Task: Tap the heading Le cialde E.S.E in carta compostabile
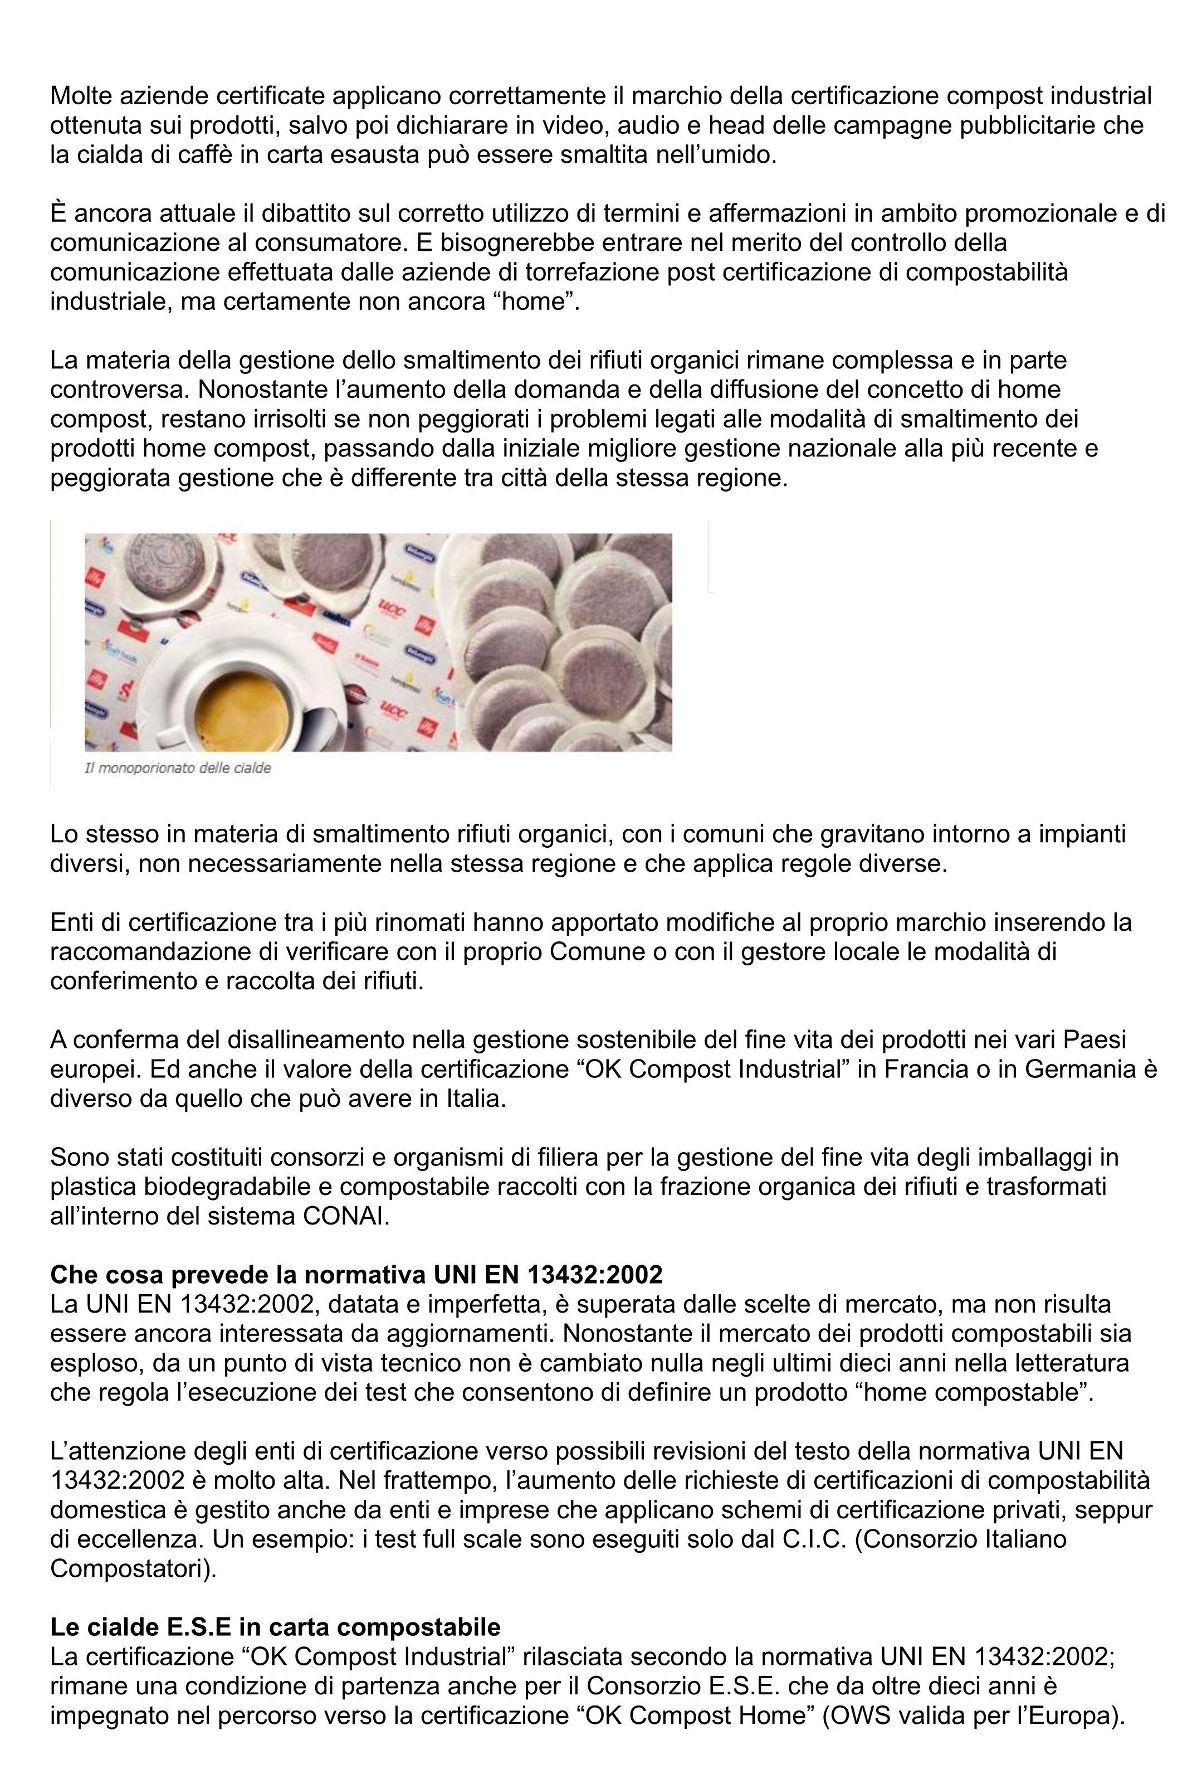click(x=276, y=1627)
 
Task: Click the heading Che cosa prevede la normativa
click(x=356, y=1274)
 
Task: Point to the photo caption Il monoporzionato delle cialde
click(x=177, y=767)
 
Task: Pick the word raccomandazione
click(x=141, y=951)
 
